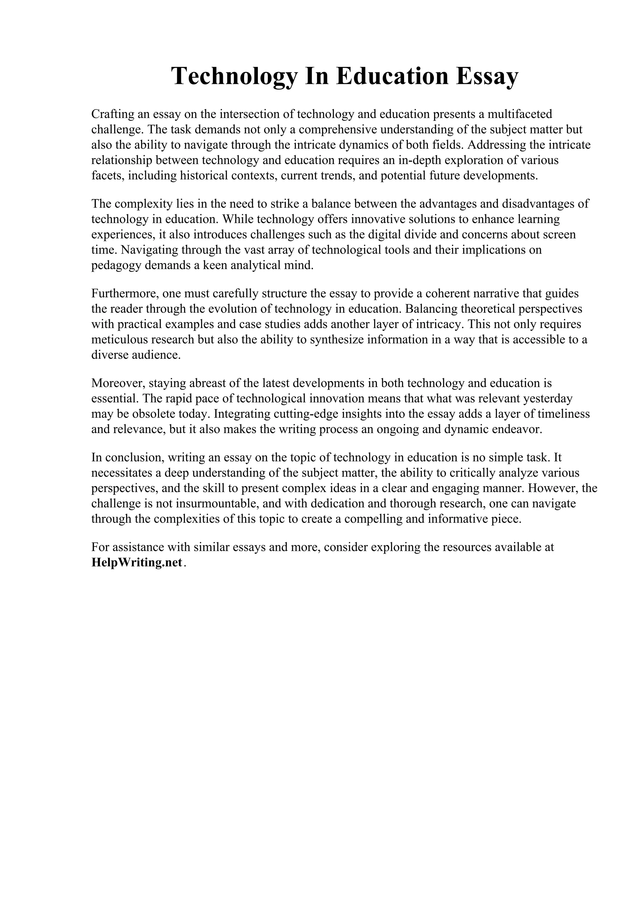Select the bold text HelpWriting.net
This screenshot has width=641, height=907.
click(137, 562)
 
